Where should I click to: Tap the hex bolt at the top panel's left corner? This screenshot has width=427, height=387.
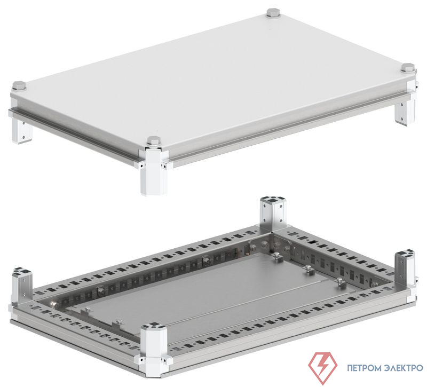(19, 86)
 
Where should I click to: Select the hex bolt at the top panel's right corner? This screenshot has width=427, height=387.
(408, 68)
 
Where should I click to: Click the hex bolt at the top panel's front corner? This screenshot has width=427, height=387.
(154, 141)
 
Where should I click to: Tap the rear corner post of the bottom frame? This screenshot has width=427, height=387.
(273, 215)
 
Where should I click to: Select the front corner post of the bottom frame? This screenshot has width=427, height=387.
(153, 346)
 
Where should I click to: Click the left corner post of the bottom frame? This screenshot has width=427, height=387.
(22, 283)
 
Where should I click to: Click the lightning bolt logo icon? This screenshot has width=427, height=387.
(323, 368)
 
